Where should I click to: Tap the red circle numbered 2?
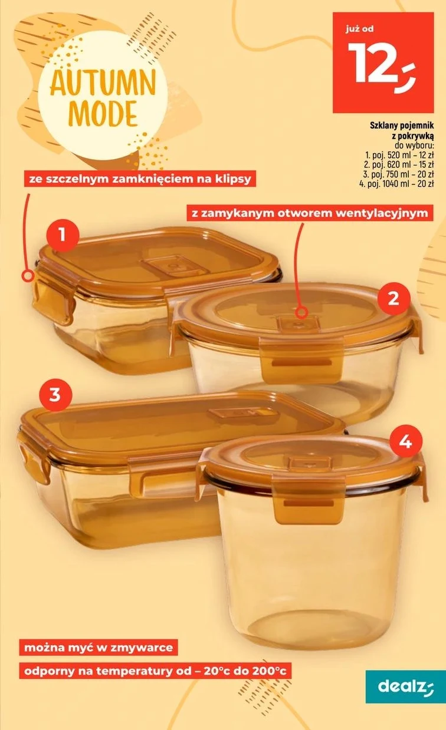click(x=394, y=298)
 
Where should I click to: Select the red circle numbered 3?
click(x=55, y=395)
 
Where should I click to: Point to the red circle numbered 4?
click(x=406, y=442)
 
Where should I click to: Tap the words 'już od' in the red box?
click(x=359, y=29)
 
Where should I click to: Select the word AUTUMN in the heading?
click(x=103, y=84)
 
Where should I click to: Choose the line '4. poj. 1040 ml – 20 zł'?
click(x=396, y=183)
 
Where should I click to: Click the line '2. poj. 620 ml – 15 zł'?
click(x=399, y=164)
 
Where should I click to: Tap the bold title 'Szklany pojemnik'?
click(x=402, y=125)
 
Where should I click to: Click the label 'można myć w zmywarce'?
click(x=99, y=647)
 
